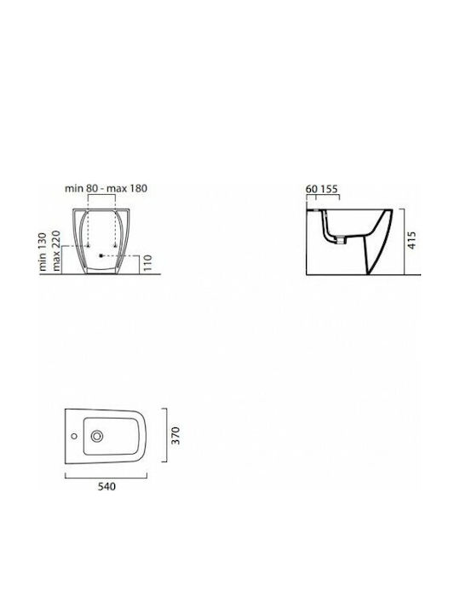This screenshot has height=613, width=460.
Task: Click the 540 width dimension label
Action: (106, 486)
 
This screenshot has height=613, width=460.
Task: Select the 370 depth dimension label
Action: (175, 435)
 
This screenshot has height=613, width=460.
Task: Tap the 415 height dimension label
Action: (412, 240)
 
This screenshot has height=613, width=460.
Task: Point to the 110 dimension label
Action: (147, 263)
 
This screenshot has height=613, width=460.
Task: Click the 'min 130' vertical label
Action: (43, 251)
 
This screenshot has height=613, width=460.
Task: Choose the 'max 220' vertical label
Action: (56, 250)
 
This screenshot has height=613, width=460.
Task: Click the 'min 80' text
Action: (81, 188)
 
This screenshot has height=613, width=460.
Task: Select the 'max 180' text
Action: (127, 188)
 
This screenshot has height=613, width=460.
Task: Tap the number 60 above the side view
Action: (312, 189)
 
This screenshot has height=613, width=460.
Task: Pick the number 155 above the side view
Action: (329, 189)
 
